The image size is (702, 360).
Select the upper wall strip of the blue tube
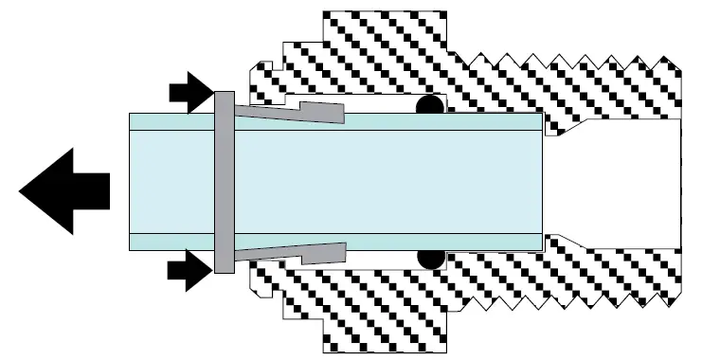(x=379, y=121)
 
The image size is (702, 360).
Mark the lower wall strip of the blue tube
(x=379, y=242)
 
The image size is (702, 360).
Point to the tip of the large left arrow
(x=21, y=190)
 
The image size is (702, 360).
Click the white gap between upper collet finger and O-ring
(x=379, y=103)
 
